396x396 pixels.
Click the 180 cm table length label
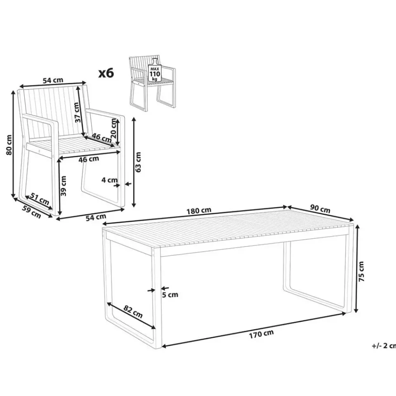point(199,210)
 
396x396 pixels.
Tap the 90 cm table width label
point(320,209)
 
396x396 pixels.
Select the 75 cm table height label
point(361,271)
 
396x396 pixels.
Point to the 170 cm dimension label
point(261,334)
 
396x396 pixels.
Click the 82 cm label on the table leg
point(133,312)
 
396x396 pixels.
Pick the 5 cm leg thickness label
point(170,295)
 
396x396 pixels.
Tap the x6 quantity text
point(106,73)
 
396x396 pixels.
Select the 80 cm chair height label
point(9,145)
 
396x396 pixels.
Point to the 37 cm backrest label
point(78,113)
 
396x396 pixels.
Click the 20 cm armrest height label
point(114,128)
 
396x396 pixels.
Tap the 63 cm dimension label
point(138,162)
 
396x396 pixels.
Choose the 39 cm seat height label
point(64,186)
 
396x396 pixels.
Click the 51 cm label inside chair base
point(40,198)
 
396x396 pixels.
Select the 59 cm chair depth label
point(32,212)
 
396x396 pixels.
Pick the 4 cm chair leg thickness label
point(109,180)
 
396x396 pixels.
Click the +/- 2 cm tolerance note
point(384,346)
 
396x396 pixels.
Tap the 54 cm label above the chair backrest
point(53,80)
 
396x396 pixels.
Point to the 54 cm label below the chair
point(96,217)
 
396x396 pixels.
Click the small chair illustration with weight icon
point(152,83)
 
